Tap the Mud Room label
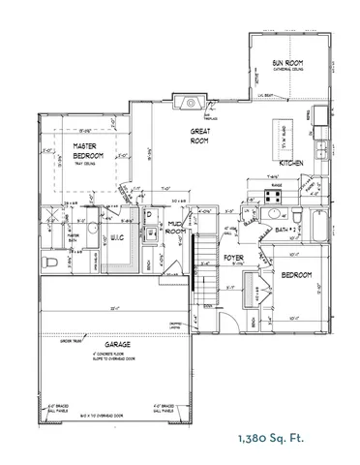pyautogui.click(x=175, y=228)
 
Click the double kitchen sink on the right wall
pyautogui.click(x=311, y=136)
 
